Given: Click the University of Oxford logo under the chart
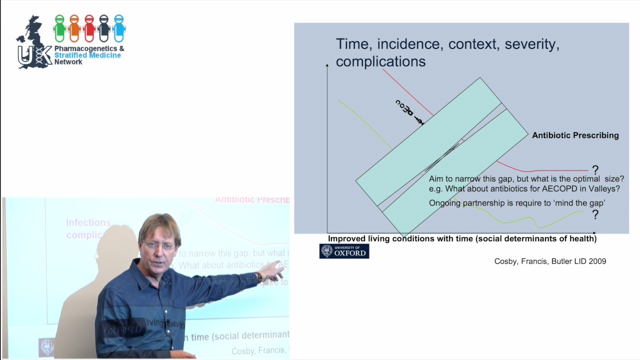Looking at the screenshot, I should [344, 251].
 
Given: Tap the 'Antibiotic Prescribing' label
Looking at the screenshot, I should [575, 135].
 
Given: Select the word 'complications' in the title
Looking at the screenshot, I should [380, 61].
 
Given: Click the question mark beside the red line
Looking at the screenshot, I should [595, 170].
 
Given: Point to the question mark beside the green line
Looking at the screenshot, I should [595, 214].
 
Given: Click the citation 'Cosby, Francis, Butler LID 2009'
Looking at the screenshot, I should [550, 261].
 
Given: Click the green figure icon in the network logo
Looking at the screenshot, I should [59, 28].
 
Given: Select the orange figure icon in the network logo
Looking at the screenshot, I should [74, 28].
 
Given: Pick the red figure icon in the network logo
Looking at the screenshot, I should [89, 28].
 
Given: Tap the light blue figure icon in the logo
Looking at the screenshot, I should [118, 28].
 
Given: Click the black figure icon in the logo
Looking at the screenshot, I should [104, 28].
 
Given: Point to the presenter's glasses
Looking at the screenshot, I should [159, 245].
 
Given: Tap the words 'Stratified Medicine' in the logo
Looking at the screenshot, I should [87, 55].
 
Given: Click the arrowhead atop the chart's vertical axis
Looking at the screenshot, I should [327, 65].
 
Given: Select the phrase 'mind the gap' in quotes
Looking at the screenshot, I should [582, 203].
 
